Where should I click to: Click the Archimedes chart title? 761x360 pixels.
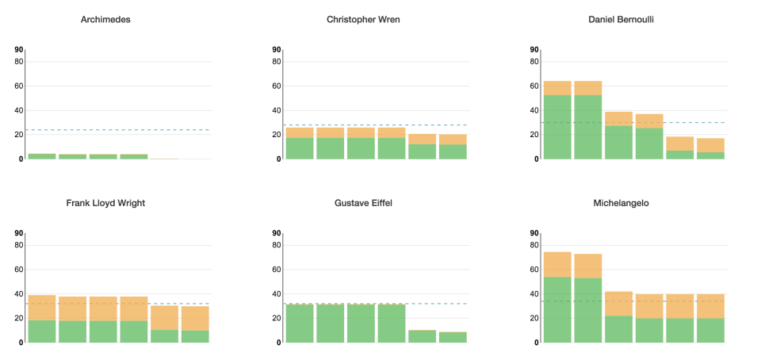coord(105,19)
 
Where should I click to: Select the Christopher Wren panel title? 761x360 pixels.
coord(363,19)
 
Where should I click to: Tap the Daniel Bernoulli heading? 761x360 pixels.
coord(621,19)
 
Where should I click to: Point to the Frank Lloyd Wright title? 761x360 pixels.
coord(105,203)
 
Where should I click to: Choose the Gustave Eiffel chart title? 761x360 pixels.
coord(363,203)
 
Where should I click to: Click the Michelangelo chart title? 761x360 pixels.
coord(621,203)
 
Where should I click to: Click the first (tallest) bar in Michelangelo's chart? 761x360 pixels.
coord(557,297)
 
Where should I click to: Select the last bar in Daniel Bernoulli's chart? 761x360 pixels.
coord(710,149)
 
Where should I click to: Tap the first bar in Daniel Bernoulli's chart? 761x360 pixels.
coord(557,120)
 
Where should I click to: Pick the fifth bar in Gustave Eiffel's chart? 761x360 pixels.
coord(423,336)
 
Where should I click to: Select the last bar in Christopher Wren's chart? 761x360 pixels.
coord(453,147)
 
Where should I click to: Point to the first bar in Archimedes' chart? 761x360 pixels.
coord(42,156)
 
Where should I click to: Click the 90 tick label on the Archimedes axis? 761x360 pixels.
coord(19,50)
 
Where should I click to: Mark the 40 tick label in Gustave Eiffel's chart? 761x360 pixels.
coord(277,294)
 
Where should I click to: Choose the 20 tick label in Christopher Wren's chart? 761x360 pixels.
coord(277,135)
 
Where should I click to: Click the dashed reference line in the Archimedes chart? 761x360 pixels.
coord(119,130)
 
